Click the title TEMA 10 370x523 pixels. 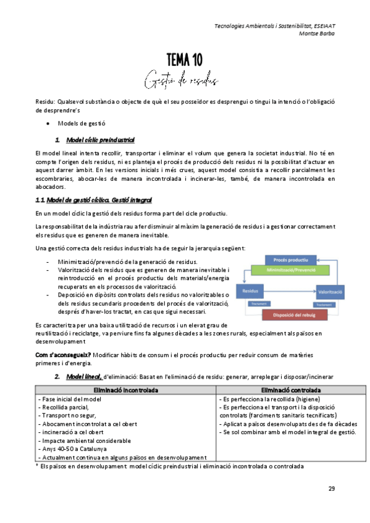pyautogui.click(x=185, y=59)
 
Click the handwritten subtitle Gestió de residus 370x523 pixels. pyautogui.click(x=180, y=80)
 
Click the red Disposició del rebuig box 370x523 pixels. pyautogui.click(x=289, y=315)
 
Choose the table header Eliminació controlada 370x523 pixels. pyautogui.click(x=290, y=390)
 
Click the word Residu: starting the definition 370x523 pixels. pyautogui.click(x=47, y=101)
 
